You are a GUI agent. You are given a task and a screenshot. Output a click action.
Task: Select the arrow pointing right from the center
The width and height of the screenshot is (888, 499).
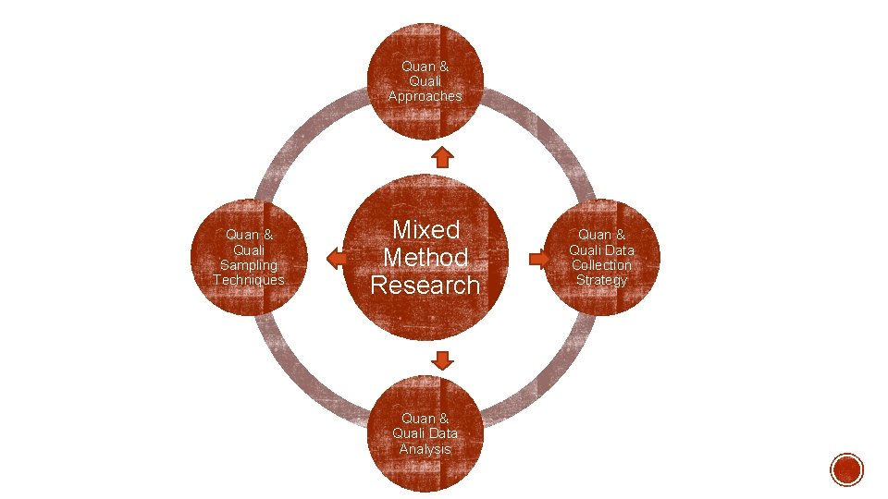(x=538, y=259)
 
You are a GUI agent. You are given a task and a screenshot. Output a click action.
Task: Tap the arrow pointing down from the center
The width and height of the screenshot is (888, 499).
(x=443, y=358)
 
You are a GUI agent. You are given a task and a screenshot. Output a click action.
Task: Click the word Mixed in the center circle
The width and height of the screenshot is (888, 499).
(x=425, y=229)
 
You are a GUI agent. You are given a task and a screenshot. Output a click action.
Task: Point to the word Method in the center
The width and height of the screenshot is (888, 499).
(x=425, y=257)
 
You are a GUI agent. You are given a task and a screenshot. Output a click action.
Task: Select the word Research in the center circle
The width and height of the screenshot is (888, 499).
(x=425, y=285)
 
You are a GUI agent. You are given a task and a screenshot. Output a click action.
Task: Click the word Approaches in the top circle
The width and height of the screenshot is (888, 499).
(x=425, y=96)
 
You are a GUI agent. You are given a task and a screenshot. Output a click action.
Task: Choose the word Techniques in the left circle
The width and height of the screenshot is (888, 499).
(x=249, y=279)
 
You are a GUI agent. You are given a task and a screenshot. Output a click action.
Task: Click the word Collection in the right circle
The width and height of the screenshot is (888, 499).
(x=601, y=264)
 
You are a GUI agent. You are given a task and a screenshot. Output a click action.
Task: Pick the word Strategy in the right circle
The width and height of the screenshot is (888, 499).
(x=601, y=279)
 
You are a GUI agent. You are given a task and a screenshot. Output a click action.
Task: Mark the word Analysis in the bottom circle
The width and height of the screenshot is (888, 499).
(x=425, y=449)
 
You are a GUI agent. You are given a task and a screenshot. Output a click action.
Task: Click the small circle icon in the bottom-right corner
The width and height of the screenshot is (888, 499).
(x=846, y=469)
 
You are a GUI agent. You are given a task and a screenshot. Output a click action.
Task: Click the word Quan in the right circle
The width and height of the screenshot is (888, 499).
(x=593, y=235)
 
